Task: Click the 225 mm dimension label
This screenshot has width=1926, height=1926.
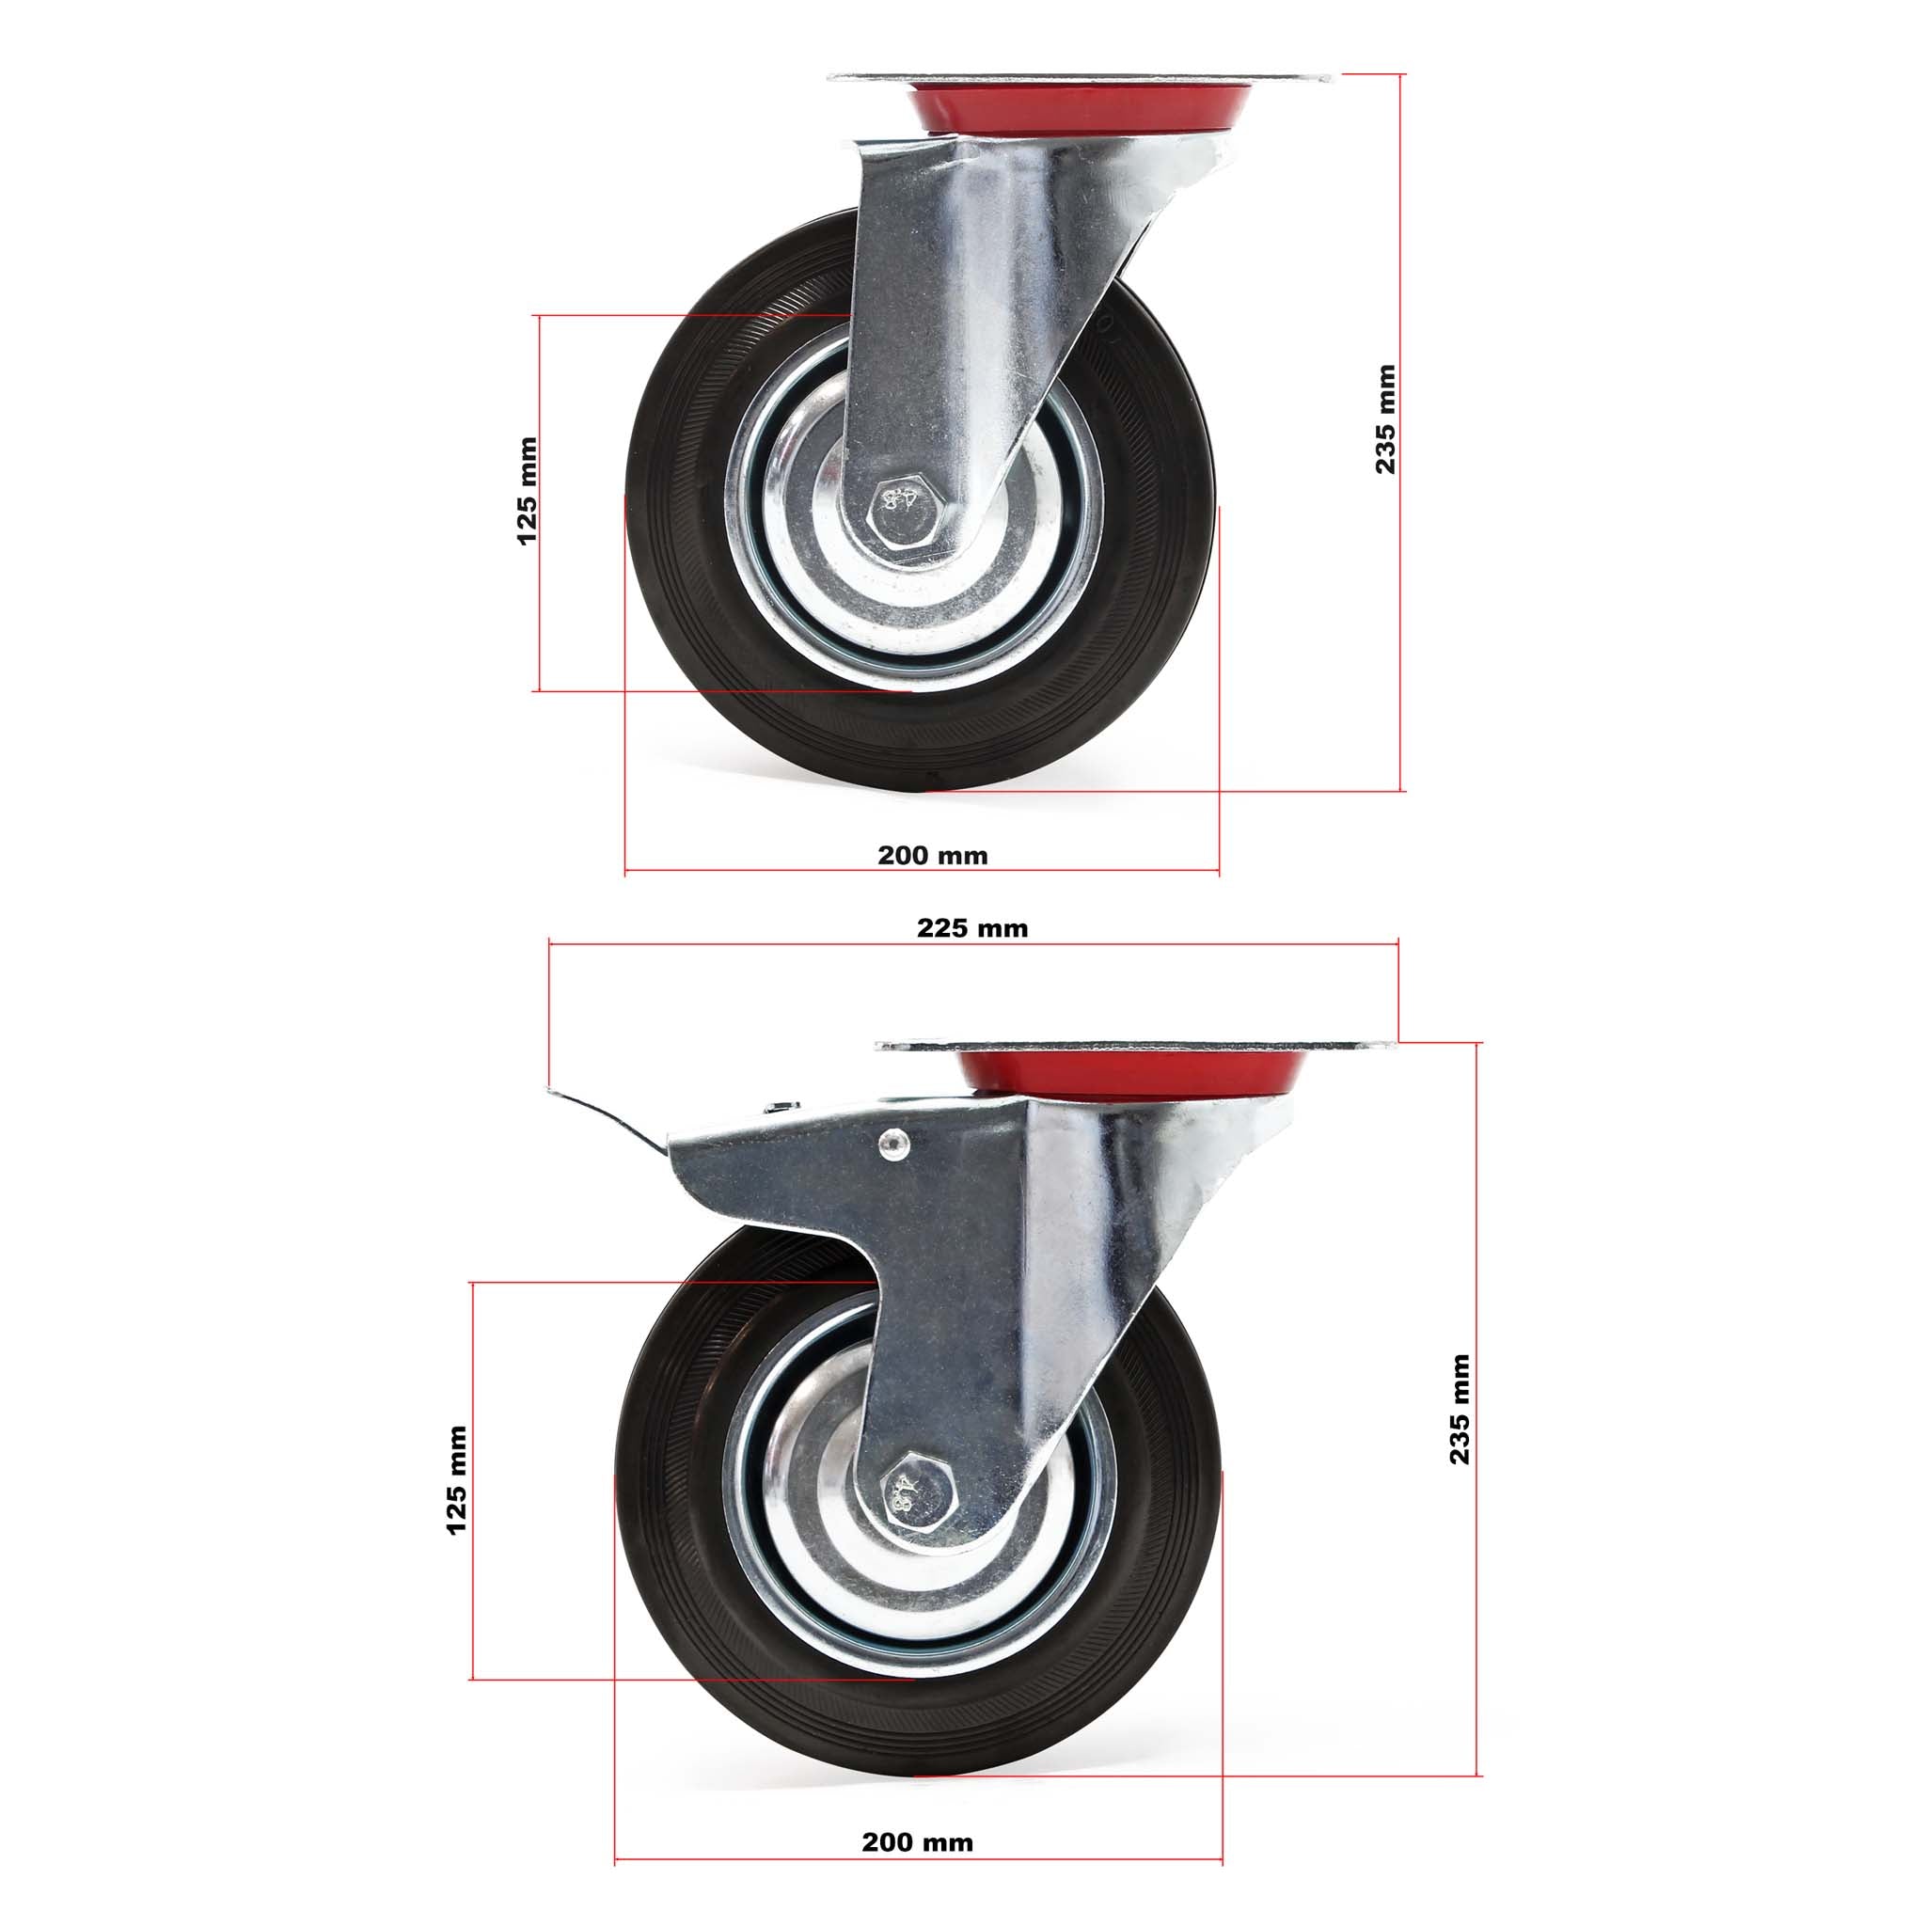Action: coord(972,928)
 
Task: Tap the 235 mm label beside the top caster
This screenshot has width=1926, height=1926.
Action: coord(1385,418)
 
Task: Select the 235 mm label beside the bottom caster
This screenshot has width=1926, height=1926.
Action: coord(1459,1409)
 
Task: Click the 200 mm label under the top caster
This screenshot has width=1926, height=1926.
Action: coord(932,856)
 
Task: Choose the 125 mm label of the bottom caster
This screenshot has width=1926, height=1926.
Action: coord(456,1480)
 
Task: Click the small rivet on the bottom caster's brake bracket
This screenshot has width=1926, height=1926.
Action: coord(894,1144)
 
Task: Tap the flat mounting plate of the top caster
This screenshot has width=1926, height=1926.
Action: coord(1081,79)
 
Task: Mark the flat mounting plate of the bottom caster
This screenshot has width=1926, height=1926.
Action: coord(1136,1046)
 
